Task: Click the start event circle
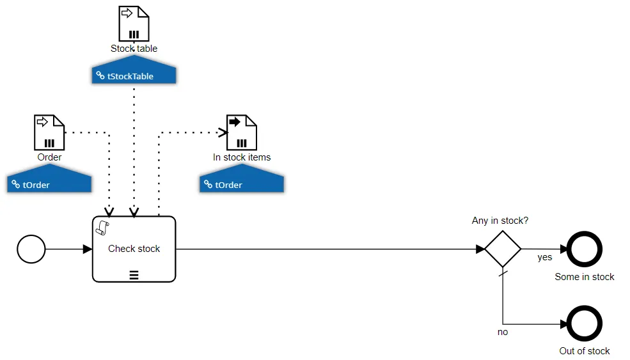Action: pyautogui.click(x=31, y=249)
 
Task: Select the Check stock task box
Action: pyautogui.click(x=134, y=249)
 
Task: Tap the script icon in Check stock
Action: pyautogui.click(x=102, y=228)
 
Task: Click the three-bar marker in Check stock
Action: pyautogui.click(x=134, y=275)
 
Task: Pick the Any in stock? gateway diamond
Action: pyautogui.click(x=503, y=249)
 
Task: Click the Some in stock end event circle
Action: pyautogui.click(x=584, y=249)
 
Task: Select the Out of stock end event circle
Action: pyautogui.click(x=584, y=324)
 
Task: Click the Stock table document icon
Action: pyautogui.click(x=134, y=23)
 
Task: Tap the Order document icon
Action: pyautogui.click(x=49, y=132)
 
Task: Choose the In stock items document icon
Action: pyautogui.click(x=242, y=132)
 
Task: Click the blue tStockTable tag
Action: pyautogui.click(x=134, y=70)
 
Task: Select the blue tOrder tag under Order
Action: pyautogui.click(x=49, y=178)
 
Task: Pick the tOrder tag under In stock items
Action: pyautogui.click(x=242, y=178)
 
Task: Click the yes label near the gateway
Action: pyautogui.click(x=545, y=257)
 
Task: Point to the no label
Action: pyautogui.click(x=503, y=332)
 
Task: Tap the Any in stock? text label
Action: pyautogui.click(x=500, y=221)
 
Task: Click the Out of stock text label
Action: pyautogui.click(x=585, y=351)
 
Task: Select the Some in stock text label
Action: pyautogui.click(x=585, y=277)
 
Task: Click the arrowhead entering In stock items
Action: pyautogui.click(x=223, y=132)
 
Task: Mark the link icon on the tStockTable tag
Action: pyautogui.click(x=100, y=75)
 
